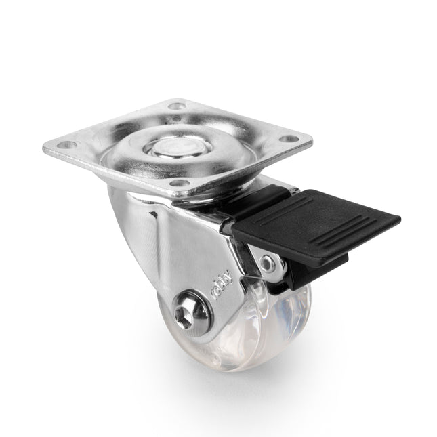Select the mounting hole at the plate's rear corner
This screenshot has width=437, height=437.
178,106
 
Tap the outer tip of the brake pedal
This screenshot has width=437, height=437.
396,220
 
